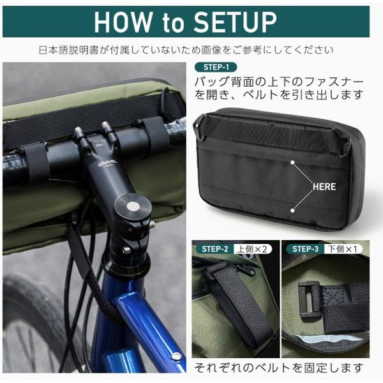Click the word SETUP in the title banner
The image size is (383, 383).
click(x=235, y=22)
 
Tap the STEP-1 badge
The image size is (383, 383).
click(x=216, y=67)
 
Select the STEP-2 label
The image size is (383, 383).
click(x=214, y=249)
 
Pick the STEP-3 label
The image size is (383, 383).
click(x=305, y=249)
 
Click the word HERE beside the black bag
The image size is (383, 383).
click(x=324, y=186)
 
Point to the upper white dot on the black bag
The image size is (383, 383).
click(x=292, y=162)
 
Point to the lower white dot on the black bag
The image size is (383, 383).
click(x=292, y=210)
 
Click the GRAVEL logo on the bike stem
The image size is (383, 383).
click(x=108, y=163)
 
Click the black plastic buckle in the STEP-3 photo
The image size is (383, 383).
click(x=309, y=302)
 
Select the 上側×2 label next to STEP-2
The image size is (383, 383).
click(x=252, y=249)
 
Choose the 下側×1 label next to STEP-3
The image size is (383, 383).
click(x=342, y=249)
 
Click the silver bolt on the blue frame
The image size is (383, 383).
click(x=177, y=356)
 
